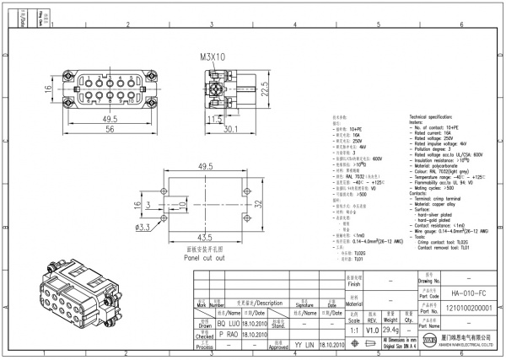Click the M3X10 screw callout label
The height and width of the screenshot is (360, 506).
point(213,58)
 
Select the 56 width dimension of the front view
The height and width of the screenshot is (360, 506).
point(109,131)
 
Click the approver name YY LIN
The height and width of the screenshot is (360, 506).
point(304,346)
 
